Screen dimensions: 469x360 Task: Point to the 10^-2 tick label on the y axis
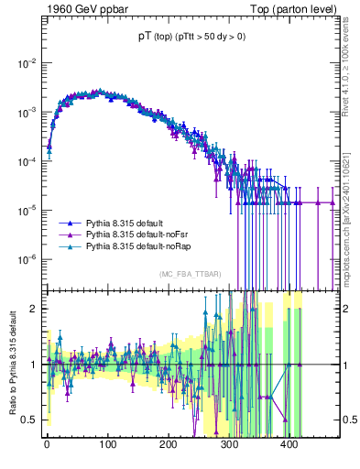click(x=26, y=62)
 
